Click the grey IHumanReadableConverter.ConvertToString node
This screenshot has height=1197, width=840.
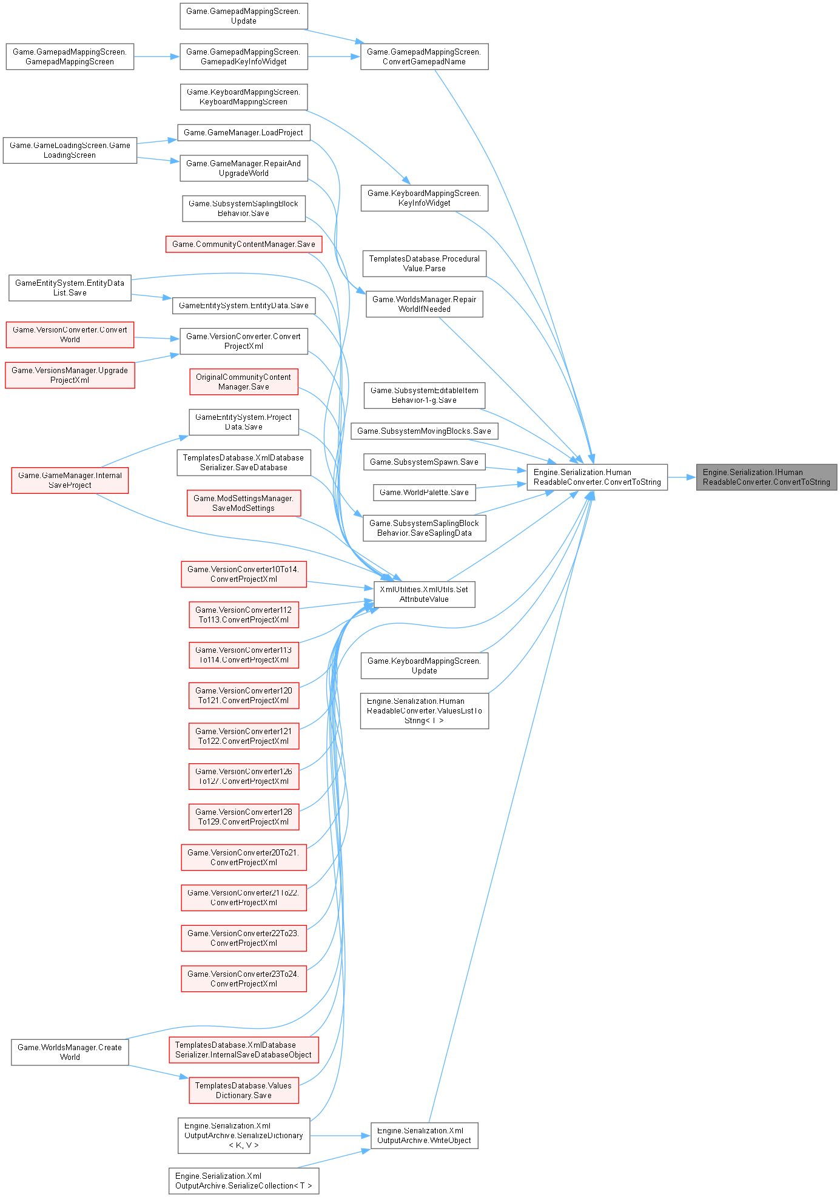[x=766, y=477]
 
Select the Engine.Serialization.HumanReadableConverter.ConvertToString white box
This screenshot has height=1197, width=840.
[x=597, y=477]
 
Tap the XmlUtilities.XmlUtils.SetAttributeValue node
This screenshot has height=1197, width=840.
[x=424, y=594]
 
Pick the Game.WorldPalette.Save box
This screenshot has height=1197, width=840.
[x=424, y=492]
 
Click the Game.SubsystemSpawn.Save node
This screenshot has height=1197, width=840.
[x=424, y=462]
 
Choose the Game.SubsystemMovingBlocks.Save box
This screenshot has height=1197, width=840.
[x=424, y=431]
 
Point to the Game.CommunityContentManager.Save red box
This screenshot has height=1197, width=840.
[x=243, y=244]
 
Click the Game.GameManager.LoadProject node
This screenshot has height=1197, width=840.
[x=243, y=132]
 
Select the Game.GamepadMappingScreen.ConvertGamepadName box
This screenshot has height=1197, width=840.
[x=424, y=56]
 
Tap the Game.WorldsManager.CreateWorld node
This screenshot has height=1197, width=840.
[x=69, y=1052]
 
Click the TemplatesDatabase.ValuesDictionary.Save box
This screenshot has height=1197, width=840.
[x=243, y=1090]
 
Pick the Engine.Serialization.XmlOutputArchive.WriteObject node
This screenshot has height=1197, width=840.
[x=424, y=1135]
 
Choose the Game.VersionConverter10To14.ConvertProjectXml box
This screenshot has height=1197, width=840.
[x=243, y=574]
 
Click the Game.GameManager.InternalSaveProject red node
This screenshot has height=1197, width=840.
[x=69, y=480]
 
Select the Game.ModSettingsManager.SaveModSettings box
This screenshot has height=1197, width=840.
[x=243, y=503]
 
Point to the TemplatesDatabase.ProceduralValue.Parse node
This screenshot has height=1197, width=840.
[x=424, y=263]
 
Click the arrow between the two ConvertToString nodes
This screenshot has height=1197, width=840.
[x=682, y=477]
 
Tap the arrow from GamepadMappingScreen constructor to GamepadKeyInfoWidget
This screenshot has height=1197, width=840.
[x=156, y=57]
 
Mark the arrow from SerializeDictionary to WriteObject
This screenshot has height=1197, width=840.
[x=340, y=1135]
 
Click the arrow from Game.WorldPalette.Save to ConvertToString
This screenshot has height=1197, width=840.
[x=501, y=485]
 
